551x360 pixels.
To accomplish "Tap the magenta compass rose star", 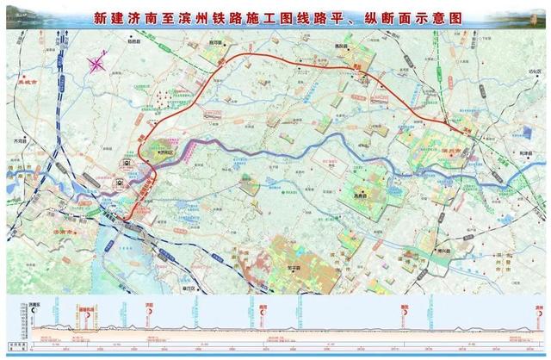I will [97, 62].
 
